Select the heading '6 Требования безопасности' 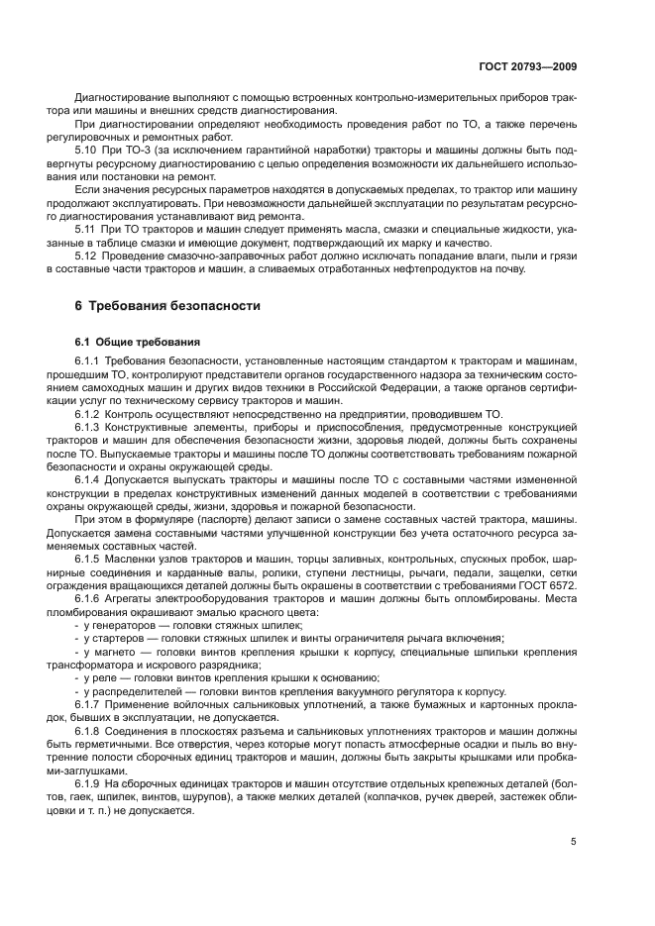pos(167,306)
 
